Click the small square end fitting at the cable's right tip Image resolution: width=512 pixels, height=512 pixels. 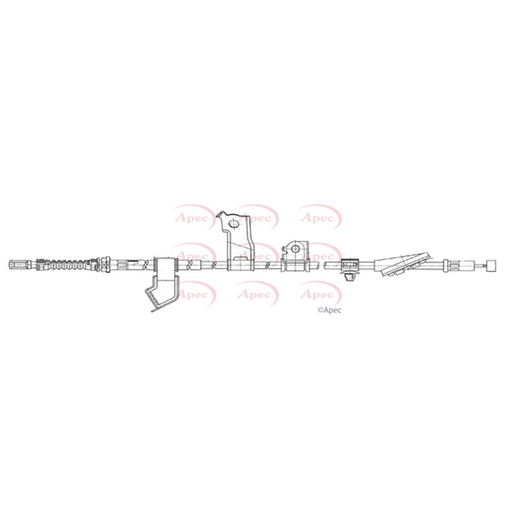[492, 265]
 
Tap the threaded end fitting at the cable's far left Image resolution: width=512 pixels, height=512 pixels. [20, 264]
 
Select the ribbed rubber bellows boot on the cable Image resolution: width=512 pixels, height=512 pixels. [67, 264]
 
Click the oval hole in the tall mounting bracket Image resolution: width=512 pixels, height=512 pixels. [234, 223]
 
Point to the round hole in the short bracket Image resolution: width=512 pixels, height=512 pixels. [295, 249]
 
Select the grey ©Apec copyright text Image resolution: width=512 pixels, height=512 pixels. [330, 310]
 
